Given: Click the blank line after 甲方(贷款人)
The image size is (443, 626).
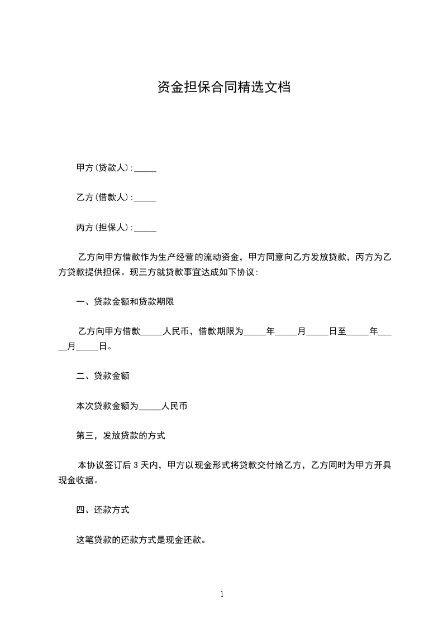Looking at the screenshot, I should (x=146, y=168).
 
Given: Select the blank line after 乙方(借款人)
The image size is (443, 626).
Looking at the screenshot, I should (x=146, y=198).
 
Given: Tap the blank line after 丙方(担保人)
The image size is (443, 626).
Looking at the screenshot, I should (x=146, y=228).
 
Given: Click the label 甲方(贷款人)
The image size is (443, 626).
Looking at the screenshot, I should (x=104, y=167).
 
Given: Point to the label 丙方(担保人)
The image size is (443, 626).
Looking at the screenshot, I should (x=104, y=227).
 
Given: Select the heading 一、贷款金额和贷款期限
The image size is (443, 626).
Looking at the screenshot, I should (x=125, y=302).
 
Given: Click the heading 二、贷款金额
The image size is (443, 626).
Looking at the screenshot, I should (x=103, y=376).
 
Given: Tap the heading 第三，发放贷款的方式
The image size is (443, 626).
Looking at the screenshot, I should (x=121, y=436).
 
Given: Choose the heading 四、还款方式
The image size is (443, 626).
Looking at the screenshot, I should (x=103, y=510).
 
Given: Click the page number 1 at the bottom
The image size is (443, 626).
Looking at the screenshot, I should (x=222, y=595).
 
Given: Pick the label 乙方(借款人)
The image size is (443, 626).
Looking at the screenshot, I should (x=104, y=197).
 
